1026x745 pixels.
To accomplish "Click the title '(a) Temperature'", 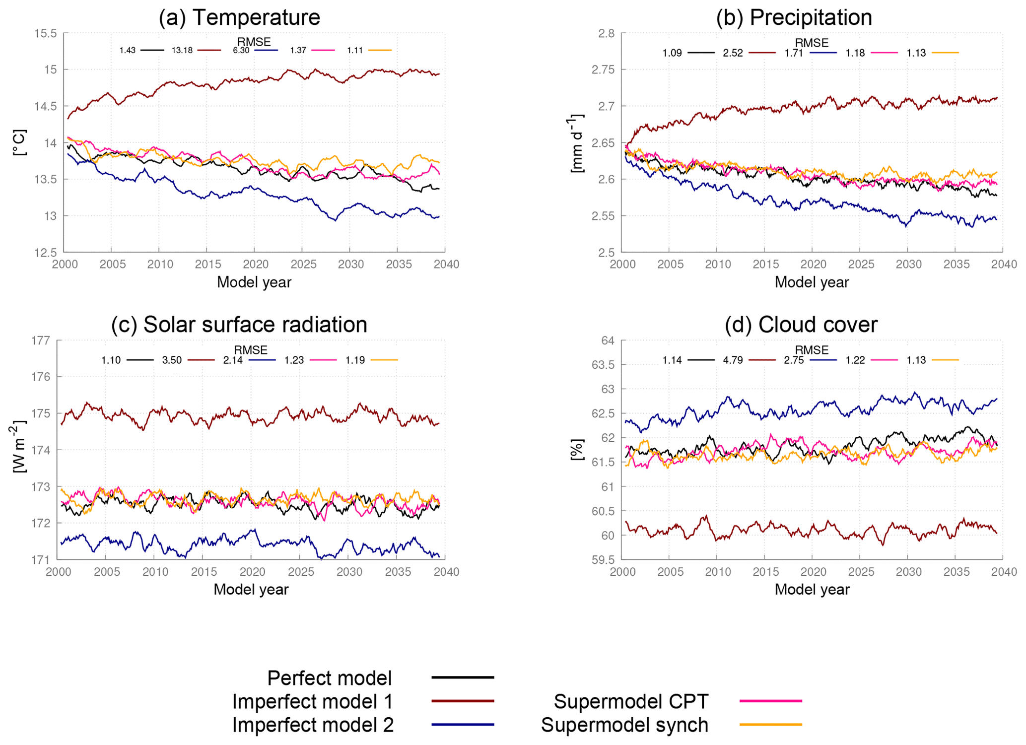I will pos(239,17).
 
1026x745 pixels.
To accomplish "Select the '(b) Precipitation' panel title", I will pos(794,17).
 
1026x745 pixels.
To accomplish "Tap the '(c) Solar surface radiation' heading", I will pos(239,325).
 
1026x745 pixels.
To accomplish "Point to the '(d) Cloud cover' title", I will pos(801,325).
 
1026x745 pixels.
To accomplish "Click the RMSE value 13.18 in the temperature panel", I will pos(182,51).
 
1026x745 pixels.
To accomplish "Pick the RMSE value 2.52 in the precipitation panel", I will pos(733,53).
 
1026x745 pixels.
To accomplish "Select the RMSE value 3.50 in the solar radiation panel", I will pos(172,360).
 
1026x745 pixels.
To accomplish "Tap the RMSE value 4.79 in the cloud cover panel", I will pos(733,360).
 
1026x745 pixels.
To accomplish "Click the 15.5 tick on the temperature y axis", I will pos(45,33).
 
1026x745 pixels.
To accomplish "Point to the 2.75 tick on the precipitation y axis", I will pos(603,69).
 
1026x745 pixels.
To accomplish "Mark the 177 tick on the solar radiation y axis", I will pos(41,340).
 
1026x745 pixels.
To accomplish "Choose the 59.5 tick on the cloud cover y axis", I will pos(603,560).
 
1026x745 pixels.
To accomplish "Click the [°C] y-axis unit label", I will pos(20,143).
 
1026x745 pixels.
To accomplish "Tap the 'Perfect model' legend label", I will pos(330,678).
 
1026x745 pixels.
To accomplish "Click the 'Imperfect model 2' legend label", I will pos(313,725).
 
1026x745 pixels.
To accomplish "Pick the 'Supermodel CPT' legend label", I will pos(631,701).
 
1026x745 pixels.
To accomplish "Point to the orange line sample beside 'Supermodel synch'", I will pos(770,725).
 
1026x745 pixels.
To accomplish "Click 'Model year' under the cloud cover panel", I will pos(812,590).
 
